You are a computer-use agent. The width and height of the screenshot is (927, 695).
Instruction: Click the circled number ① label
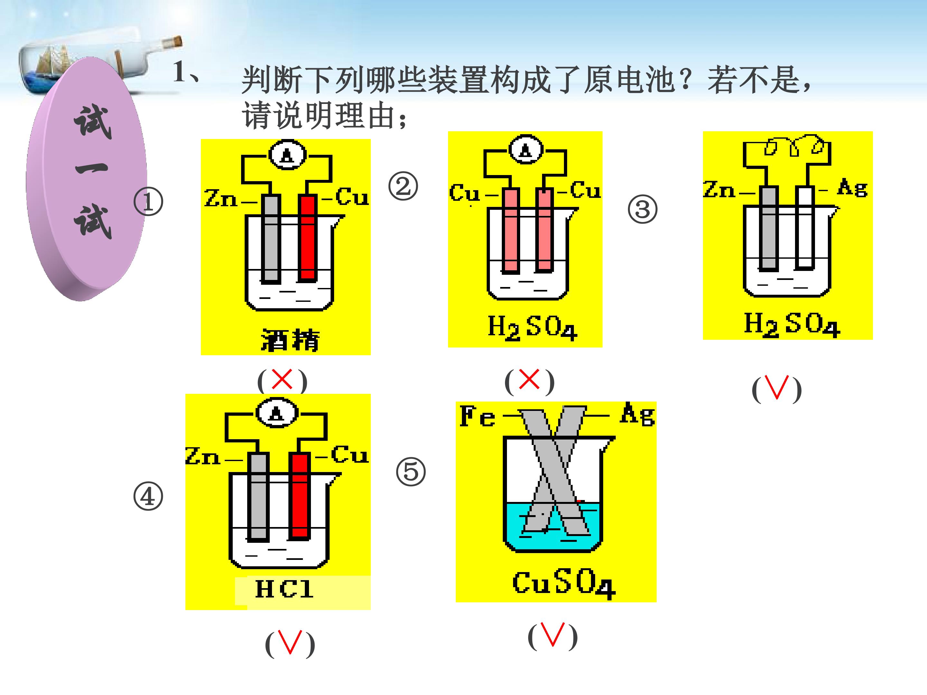[x=148, y=202]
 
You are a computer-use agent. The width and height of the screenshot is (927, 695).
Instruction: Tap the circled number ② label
[x=403, y=186]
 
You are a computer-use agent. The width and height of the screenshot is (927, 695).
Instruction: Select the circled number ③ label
[x=642, y=209]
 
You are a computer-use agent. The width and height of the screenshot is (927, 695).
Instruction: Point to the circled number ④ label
[x=148, y=497]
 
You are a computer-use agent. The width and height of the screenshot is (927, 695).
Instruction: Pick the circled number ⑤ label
[x=411, y=471]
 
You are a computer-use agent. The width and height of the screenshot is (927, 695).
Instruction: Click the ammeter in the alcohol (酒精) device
[x=287, y=154]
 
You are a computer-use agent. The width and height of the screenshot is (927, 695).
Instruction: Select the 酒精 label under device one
[x=290, y=339]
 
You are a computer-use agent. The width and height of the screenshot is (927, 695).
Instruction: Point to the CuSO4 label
[x=564, y=584]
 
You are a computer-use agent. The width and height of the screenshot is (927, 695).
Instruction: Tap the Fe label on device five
[x=477, y=416]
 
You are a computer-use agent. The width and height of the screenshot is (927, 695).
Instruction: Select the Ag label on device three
[x=852, y=187]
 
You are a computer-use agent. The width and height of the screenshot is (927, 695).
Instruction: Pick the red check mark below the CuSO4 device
[x=552, y=635]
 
